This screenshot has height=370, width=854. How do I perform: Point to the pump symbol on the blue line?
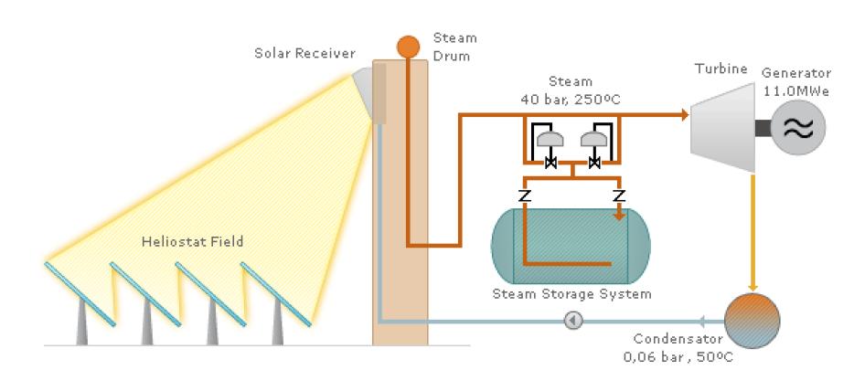(573, 321)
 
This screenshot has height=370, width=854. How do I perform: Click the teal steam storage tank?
(571, 246)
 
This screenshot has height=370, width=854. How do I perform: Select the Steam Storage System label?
(571, 294)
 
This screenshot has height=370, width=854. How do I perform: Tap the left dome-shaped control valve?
(550, 140)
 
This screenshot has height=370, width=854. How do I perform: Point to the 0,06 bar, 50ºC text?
(678, 356)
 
